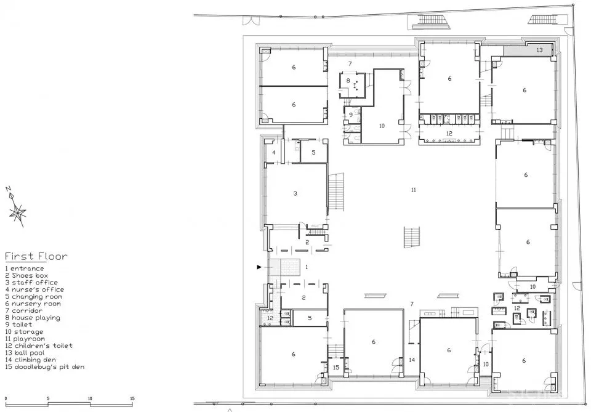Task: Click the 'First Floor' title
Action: tap(36, 256)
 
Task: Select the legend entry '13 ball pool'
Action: tap(25, 353)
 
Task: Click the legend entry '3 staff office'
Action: tap(31, 282)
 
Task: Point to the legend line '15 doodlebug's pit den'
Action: tap(45, 367)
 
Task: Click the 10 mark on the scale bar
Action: tap(90, 398)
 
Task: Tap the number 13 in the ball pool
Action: tap(539, 50)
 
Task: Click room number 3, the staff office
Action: tap(295, 193)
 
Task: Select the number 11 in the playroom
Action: tap(414, 190)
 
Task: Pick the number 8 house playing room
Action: tap(348, 80)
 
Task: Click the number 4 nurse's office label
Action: tap(273, 153)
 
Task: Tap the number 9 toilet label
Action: tap(350, 115)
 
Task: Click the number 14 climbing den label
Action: tap(412, 360)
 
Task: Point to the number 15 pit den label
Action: tap(336, 367)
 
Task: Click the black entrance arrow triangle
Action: tap(259, 267)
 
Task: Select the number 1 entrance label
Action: tap(307, 267)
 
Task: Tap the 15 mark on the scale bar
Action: tap(132, 398)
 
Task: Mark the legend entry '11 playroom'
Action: tap(25, 339)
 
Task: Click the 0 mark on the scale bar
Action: tap(6, 398)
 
